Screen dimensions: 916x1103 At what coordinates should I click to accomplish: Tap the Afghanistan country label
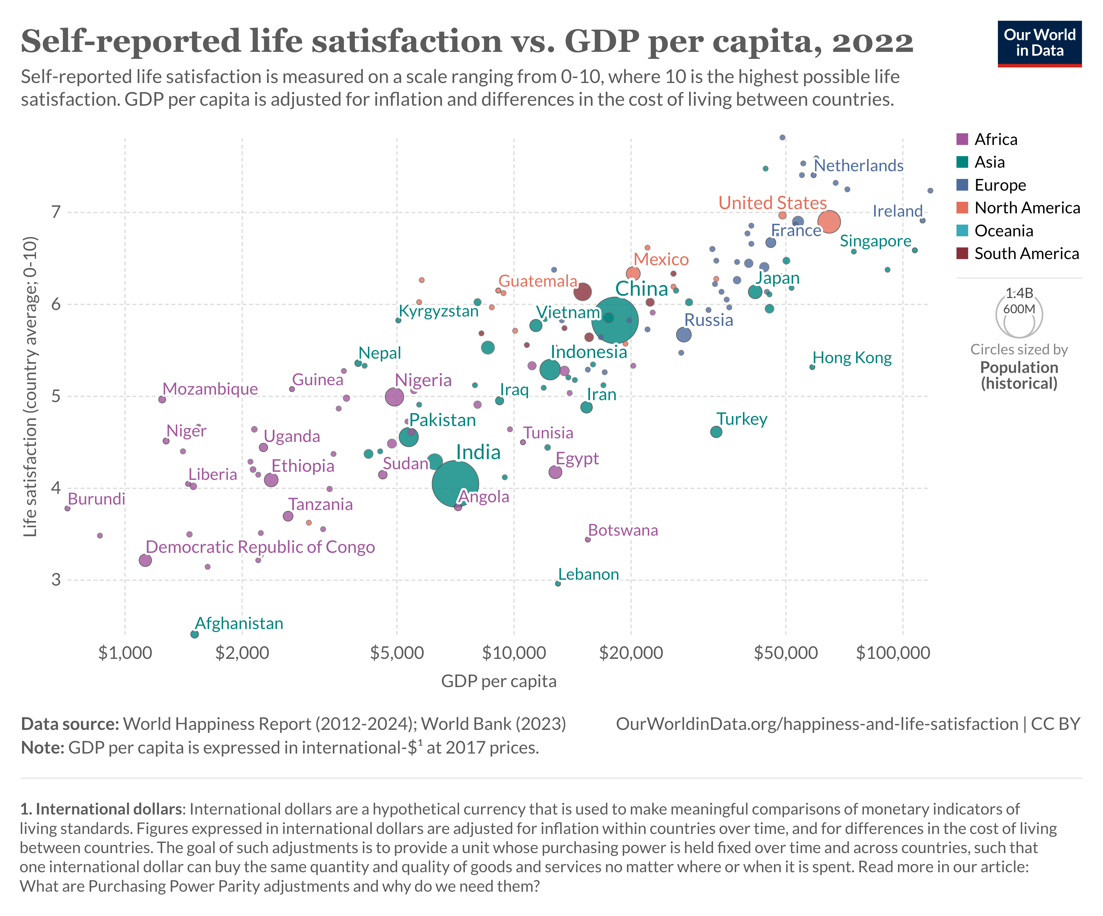pos(239,624)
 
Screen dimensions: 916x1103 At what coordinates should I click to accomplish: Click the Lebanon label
pos(588,574)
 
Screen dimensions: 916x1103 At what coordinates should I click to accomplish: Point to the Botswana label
pos(623,530)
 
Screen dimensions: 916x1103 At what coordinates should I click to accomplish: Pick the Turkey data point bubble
pos(716,432)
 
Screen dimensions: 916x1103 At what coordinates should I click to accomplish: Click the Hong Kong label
pos(852,358)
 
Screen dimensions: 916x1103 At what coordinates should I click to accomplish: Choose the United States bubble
pos(829,221)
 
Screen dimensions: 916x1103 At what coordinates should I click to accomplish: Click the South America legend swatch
pos(962,254)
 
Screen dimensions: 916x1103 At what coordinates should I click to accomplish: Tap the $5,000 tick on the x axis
pos(396,653)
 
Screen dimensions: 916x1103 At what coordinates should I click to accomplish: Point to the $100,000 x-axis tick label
pos(893,653)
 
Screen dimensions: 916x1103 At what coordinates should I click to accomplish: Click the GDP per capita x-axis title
pos(498,681)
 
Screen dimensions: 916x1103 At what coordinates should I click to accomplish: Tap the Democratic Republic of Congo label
pos(260,547)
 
